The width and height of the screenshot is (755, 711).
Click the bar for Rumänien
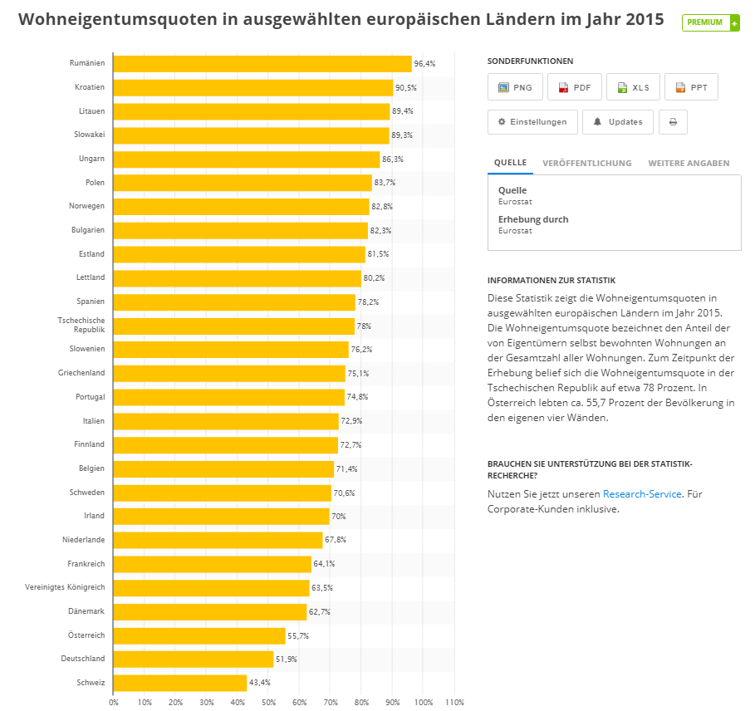pos(262,64)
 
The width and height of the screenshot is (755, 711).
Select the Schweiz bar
pos(180,683)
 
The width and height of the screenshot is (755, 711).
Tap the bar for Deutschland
pos(194,659)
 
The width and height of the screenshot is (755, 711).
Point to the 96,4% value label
pos(424,64)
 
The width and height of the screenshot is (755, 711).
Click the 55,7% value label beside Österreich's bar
pos(298,635)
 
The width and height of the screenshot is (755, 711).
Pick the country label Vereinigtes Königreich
pos(66,587)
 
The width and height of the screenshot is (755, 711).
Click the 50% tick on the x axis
pos(268,703)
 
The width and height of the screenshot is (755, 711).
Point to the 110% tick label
pos(453,703)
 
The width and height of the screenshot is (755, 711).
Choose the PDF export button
pos(574,87)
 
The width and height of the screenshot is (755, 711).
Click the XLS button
pos(633,87)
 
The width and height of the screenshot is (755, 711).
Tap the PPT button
pos(691,87)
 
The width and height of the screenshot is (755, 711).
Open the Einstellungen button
pos(532,122)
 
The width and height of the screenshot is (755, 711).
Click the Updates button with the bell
pos(617,122)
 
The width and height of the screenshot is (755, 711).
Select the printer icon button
pos(673,122)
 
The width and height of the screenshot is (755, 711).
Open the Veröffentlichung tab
pos(586,164)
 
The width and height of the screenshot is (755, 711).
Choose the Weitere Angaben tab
pos(689,164)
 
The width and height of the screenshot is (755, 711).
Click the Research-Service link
pos(642,494)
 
